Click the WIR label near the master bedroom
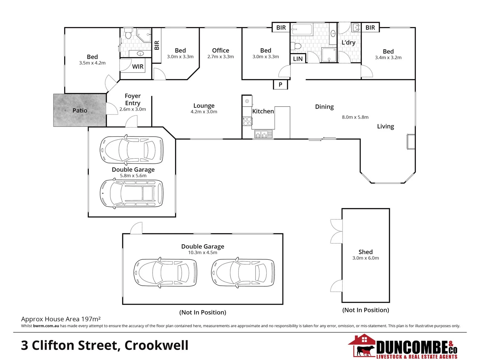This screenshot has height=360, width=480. point(138,67)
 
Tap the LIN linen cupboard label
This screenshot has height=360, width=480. point(298,59)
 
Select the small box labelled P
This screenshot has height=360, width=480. point(280,85)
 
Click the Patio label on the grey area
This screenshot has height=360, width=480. point(80,110)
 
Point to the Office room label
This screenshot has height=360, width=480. point(220,50)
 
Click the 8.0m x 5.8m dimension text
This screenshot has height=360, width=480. point(355,117)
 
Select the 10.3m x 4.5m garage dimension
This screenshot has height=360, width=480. point(202,253)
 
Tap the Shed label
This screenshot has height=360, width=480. point(365,252)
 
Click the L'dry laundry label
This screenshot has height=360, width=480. point(348,43)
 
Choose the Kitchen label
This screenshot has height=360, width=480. point(263,111)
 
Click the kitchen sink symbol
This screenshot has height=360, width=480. point(263,134)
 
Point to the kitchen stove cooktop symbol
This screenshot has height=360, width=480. point(247,121)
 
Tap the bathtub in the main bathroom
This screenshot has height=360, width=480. point(302,29)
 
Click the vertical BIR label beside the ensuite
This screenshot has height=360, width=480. point(157,45)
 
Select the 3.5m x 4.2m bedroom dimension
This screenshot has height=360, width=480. point(92,63)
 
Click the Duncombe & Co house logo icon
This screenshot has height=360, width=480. point(363,346)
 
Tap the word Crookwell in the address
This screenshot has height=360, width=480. point(156,345)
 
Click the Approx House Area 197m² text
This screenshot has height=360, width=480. point(61,319)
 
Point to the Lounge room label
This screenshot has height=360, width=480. point(204,106)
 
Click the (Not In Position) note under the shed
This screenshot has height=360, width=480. point(365,310)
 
